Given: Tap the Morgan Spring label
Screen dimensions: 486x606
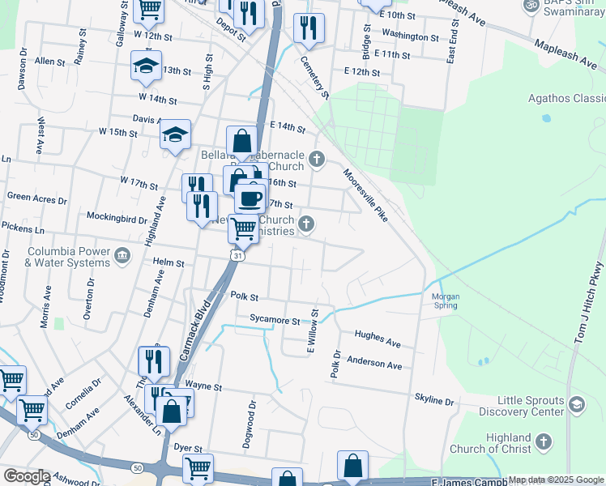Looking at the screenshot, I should point(445,301).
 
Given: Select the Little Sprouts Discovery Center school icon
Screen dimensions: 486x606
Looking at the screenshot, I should point(576,404).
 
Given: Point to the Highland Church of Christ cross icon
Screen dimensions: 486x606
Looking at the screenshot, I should point(543,442).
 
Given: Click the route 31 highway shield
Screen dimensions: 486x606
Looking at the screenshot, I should point(236,256).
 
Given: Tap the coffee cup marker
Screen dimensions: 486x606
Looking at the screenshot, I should point(250,198).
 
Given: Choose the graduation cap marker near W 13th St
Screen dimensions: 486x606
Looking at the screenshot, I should point(147,67).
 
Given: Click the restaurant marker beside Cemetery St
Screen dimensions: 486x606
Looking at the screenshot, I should point(309,29).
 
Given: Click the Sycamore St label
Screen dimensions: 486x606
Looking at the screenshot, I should point(275,320).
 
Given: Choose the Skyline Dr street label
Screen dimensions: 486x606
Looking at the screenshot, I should point(434,400).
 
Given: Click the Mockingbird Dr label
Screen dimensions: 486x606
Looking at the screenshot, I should point(117,218).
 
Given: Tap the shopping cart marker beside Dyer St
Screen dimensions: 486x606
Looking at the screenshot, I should point(198,468).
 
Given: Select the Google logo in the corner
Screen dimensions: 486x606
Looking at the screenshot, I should point(26,476).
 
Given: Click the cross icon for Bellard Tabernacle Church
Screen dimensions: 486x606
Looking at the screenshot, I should point(317,158).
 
